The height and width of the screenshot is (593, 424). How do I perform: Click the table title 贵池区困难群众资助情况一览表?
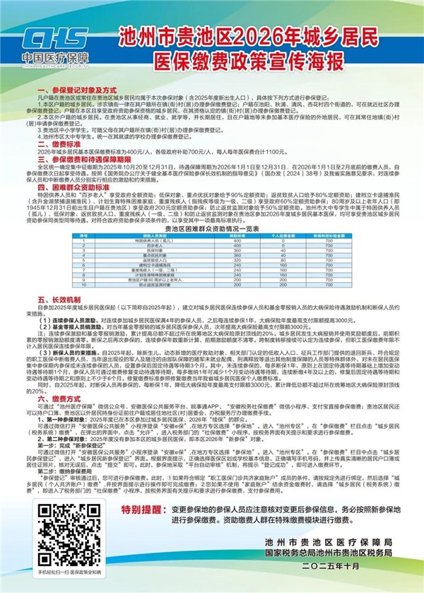pos(211,229)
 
